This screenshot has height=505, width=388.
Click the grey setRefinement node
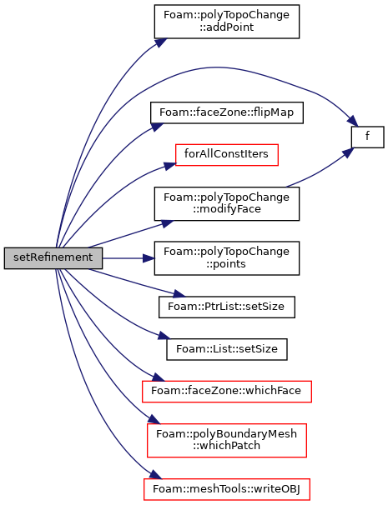pos(53,258)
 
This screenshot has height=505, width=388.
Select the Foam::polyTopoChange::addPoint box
pos(227,22)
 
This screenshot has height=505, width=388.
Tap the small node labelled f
pos(368,137)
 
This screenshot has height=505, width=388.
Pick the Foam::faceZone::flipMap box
pos(227,112)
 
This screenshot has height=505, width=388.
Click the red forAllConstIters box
pos(227,155)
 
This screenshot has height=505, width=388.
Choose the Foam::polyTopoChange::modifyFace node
pos(227,203)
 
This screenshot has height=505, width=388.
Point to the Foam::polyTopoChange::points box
pos(227,258)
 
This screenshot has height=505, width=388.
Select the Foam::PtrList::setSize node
pos(227,307)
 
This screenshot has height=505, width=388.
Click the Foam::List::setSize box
pos(227,349)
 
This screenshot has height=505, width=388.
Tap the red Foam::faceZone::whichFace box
pos(227,392)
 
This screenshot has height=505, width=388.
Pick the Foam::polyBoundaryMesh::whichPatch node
pos(227,440)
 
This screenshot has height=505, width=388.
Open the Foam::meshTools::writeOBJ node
pos(227,489)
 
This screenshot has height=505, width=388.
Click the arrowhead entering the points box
pos(149,258)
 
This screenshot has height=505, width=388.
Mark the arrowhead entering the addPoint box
pos(160,42)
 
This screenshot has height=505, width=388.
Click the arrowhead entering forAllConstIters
pos(170,166)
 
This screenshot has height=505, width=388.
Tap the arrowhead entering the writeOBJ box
pos(155,474)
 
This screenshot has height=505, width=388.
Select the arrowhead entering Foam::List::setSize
pos(164,336)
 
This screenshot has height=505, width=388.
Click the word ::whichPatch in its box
pos(227,446)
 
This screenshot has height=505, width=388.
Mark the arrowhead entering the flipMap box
pos(157,127)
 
